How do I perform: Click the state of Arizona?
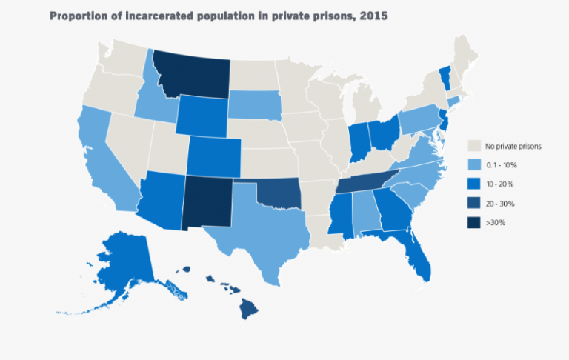coord(159,199)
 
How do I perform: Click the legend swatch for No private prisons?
coord(475,146)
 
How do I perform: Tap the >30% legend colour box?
coord(475,222)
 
